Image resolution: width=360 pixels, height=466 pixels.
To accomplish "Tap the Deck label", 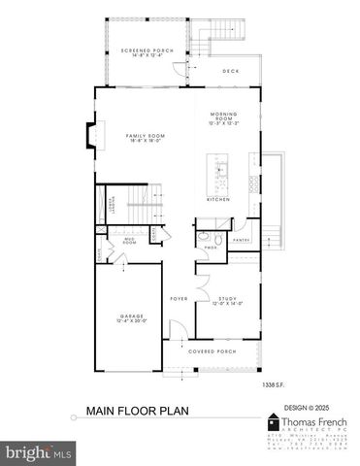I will click(230, 71).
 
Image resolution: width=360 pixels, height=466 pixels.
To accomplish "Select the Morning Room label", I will click(223, 119).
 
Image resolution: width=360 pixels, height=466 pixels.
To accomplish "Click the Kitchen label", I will click(218, 199).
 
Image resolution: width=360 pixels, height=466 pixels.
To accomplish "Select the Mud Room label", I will click(129, 242).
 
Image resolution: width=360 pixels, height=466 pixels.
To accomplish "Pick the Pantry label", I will click(242, 239).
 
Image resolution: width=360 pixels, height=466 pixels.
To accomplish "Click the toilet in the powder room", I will click(218, 238).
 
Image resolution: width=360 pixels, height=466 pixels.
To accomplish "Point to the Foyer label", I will click(180, 298).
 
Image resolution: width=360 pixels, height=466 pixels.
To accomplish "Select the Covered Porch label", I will click(212, 351).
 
